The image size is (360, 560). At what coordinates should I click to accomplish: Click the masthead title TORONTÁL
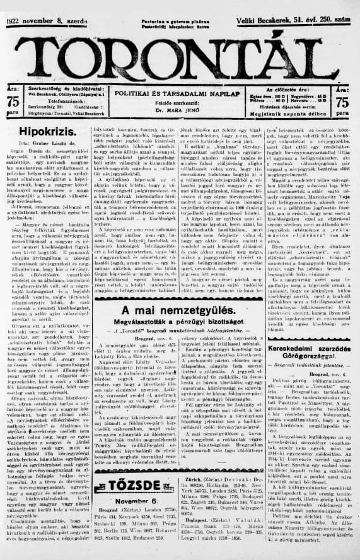click(180, 50)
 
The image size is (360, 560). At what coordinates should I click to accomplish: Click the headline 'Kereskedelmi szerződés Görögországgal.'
click(310, 349)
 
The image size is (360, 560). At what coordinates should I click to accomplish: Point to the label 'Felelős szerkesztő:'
click(172, 102)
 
